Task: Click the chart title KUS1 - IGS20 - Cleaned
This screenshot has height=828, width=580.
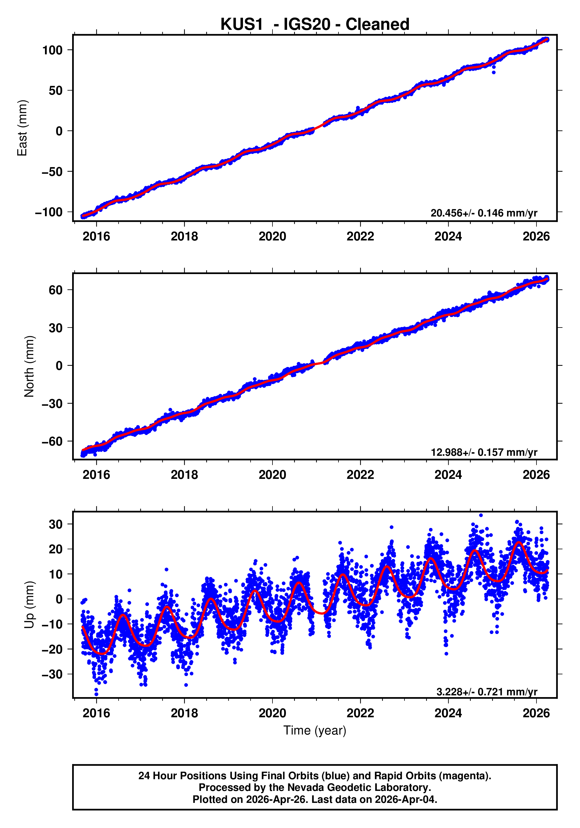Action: coord(315,25)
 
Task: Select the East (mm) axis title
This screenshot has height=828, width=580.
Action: coord(22,128)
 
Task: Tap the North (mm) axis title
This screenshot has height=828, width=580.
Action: coord(29,366)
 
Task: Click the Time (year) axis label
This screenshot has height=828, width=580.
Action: coord(315,730)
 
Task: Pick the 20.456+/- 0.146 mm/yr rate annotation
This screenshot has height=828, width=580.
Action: coord(484,213)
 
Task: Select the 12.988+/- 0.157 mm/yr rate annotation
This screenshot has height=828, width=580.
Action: coord(484,452)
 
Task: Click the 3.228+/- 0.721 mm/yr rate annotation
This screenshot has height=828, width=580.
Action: coord(487,692)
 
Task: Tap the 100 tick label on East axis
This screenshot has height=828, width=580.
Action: coord(53,50)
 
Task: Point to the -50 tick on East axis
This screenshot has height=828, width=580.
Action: coord(53,172)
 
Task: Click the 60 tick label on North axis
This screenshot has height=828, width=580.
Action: coord(56,290)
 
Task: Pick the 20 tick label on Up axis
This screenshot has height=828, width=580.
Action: coord(56,549)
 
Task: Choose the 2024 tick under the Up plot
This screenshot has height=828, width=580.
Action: coord(448,713)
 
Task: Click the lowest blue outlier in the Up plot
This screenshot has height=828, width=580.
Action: coord(96,694)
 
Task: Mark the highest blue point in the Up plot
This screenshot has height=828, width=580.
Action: coord(481,515)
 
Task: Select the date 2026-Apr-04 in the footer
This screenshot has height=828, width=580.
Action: coord(405,799)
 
